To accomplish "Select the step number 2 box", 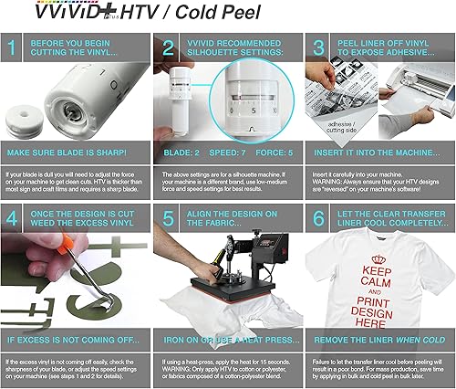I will click(168, 48).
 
